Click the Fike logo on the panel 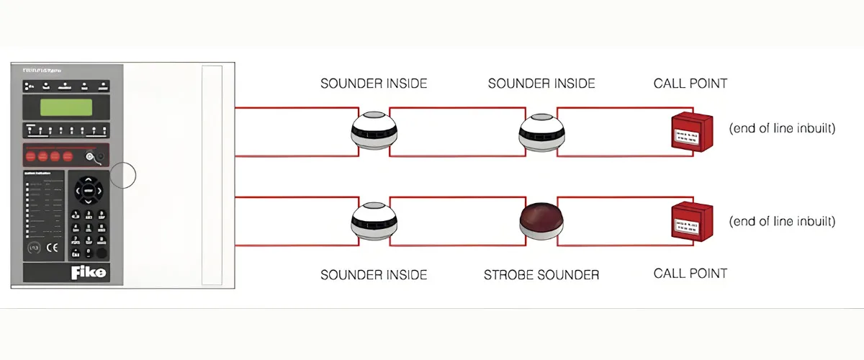[x=88, y=273]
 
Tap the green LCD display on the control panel [x=66, y=107]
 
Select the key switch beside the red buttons [x=90, y=156]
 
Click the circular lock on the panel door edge [x=123, y=175]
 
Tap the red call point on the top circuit [x=692, y=131]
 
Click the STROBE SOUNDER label [x=541, y=274]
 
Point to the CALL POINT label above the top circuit [x=690, y=84]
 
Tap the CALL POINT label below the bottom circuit [x=690, y=274]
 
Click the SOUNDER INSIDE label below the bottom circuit [x=374, y=274]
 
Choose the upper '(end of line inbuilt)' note [x=782, y=129]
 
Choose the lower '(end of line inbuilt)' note [x=782, y=221]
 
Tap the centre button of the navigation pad [x=88, y=190]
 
